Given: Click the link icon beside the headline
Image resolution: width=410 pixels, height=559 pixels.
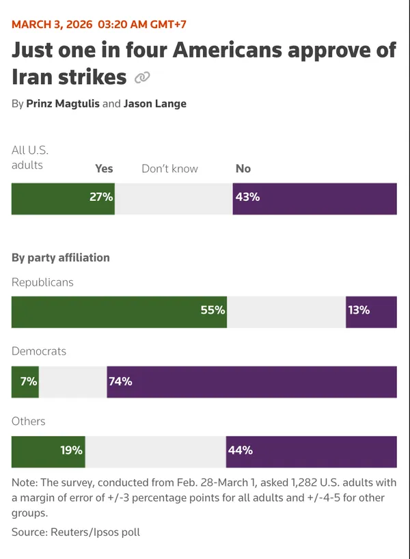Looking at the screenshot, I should pos(142,78).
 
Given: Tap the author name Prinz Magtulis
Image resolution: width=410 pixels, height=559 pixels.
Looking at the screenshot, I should pos(63,104).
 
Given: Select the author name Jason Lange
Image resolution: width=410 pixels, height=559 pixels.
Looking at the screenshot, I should pos(154,104).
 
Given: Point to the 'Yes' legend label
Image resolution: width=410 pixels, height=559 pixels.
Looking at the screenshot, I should pos(104,168).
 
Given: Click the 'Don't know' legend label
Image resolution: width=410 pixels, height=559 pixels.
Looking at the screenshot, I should pos(169,168).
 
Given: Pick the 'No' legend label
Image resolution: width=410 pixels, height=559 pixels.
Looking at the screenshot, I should pos(243,168).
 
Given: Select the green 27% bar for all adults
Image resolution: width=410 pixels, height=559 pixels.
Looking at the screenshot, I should pos(63,198).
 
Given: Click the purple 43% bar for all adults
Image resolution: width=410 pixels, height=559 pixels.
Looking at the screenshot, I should pos(314,198).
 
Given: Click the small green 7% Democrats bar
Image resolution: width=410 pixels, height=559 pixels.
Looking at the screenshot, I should pos(25,381).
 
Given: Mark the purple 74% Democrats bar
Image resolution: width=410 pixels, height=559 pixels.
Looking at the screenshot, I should pos(251,381).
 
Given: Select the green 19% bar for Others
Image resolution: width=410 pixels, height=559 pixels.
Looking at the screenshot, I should pos(48,452).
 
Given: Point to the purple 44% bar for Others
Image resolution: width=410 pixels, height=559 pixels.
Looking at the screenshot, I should pos(311,452).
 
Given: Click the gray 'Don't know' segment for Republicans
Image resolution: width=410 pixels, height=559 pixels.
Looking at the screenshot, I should pos(286,312).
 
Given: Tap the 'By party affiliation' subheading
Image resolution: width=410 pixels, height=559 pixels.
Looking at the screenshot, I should pos(60,258).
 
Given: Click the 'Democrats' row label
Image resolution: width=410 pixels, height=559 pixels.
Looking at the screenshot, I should pos(39,351).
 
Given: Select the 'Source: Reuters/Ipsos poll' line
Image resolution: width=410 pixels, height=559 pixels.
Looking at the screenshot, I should pos(75,531).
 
